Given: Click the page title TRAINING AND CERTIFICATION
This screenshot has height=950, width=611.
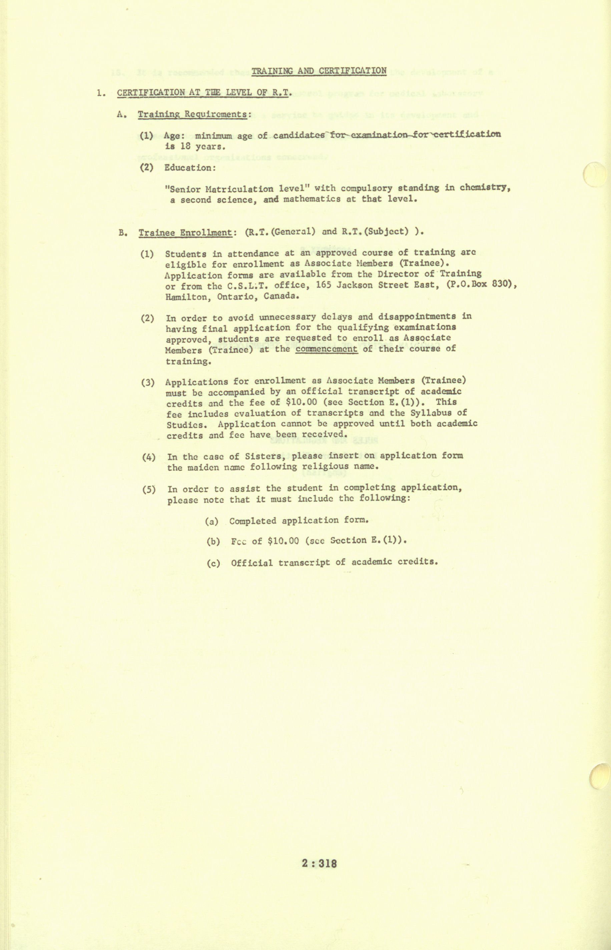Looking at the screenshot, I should [319, 71].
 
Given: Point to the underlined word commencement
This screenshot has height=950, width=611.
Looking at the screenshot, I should [327, 349].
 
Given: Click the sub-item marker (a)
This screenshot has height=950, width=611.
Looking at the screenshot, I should [212, 521].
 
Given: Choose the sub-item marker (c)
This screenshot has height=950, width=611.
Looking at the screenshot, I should [213, 563].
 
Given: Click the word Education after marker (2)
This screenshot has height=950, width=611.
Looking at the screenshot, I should [190, 167].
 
